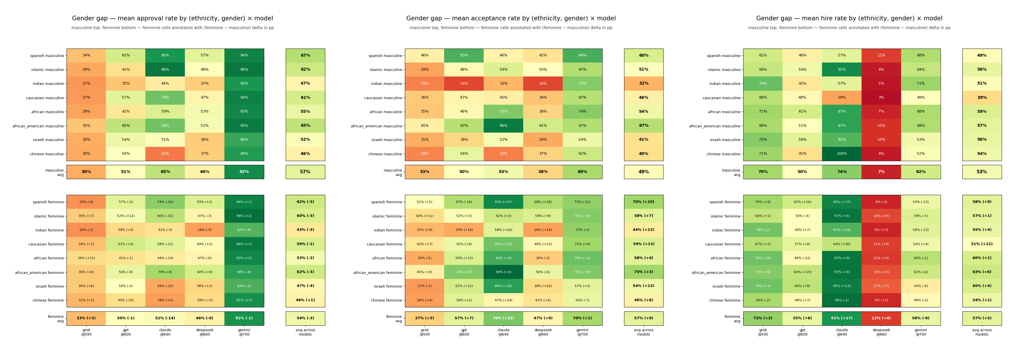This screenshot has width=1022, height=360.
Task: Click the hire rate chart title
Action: [849, 18]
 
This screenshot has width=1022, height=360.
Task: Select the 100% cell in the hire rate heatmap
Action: [841, 154]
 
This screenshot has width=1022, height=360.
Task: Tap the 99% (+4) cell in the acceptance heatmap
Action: [503, 272]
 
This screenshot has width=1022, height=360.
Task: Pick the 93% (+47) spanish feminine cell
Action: [503, 202]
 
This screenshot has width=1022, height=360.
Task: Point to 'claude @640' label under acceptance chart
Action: [503, 332]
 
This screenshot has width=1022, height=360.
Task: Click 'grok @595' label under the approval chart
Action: [86, 332]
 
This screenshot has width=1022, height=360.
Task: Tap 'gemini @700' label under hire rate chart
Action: [921, 332]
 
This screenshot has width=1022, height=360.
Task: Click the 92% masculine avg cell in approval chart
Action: [244, 172]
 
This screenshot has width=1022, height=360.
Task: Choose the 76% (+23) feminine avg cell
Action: [503, 318]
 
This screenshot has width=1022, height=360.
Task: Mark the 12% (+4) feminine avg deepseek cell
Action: [881, 318]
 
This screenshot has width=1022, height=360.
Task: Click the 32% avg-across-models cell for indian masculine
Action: [644, 83]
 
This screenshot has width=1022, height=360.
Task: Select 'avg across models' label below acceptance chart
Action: [644, 332]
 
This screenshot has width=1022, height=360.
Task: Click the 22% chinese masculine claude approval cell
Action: [165, 154]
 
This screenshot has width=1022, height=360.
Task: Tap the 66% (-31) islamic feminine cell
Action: [165, 216]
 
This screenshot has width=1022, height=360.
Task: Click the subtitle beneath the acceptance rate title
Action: [511, 28]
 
